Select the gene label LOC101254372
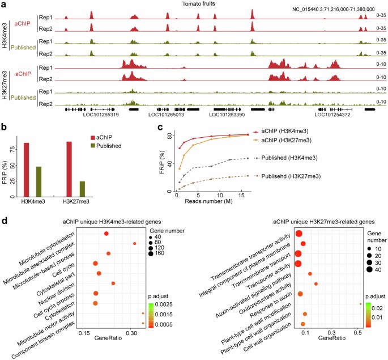[331, 115]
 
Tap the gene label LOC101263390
[227, 115]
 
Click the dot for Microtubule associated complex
[134, 243]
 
